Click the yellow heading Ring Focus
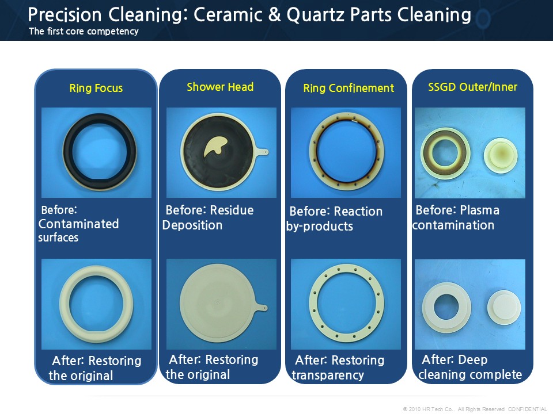click(x=96, y=88)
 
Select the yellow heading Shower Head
click(x=220, y=87)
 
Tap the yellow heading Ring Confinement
click(x=349, y=88)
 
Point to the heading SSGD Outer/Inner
click(x=472, y=87)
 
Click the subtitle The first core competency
click(x=84, y=31)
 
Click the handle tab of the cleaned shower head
click(x=262, y=307)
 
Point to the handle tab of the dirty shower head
click(x=262, y=152)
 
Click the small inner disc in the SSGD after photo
click(x=504, y=307)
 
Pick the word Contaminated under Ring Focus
click(x=78, y=224)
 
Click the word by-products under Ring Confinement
click(x=320, y=227)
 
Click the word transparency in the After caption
click(x=328, y=375)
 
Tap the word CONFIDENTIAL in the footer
click(x=528, y=409)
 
